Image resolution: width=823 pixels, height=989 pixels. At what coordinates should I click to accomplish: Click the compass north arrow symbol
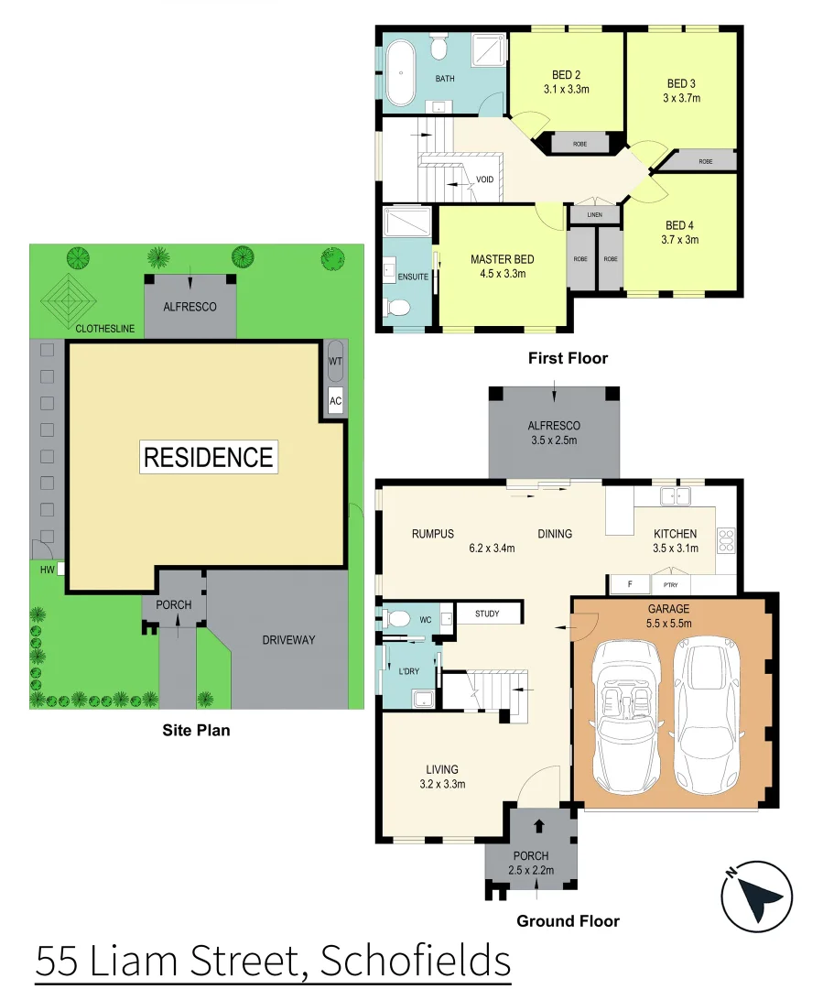[x=757, y=897]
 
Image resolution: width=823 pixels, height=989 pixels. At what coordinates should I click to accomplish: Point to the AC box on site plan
[x=335, y=400]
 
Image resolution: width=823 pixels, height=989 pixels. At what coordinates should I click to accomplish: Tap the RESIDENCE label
[x=209, y=457]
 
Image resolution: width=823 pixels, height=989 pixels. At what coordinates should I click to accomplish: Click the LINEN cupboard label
[x=594, y=215]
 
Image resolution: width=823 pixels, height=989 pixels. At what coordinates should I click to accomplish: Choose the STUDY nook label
[x=487, y=614]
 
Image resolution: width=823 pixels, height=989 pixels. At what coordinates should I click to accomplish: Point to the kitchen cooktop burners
[x=727, y=539]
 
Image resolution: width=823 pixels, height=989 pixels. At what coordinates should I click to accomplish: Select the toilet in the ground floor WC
[x=395, y=619]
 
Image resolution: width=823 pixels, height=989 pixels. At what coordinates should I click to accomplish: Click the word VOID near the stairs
[x=485, y=179]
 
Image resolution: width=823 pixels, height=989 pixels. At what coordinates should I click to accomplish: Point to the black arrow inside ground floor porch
[x=538, y=826]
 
